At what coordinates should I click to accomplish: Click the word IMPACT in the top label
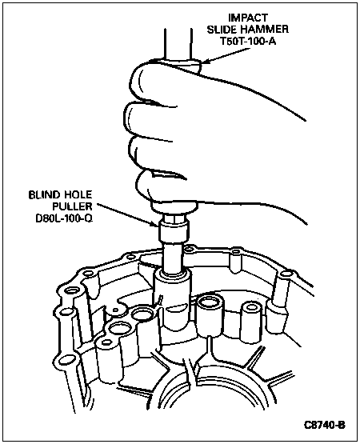point(248,18)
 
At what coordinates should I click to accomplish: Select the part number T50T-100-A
point(248,42)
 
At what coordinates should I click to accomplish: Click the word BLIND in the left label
point(44,195)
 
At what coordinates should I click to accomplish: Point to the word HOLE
point(78,195)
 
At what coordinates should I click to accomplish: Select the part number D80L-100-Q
point(64,218)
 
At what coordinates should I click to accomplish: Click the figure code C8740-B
point(325,425)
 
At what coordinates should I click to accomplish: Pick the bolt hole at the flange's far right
point(284,274)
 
